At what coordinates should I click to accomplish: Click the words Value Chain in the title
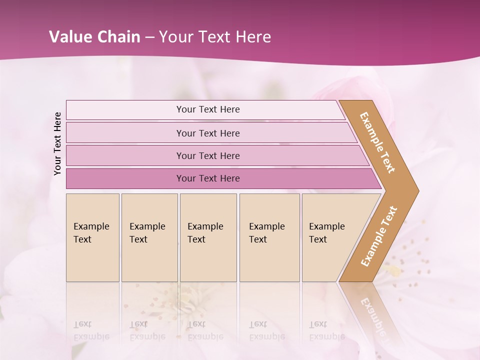pos(94,37)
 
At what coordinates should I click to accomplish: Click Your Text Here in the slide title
pos(215,37)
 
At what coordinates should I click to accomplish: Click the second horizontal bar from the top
pos(207,133)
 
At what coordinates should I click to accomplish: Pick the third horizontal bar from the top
pos(207,155)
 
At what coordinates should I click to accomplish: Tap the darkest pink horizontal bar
pos(207,178)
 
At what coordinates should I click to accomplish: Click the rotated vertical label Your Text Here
pos(57,143)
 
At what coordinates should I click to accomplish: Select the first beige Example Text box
pos(92,237)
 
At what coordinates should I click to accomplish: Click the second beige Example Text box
pos(149,237)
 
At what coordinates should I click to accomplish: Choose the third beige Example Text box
pos(208,237)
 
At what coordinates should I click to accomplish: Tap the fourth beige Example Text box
pos(269,237)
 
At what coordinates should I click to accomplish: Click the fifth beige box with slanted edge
pos(330,237)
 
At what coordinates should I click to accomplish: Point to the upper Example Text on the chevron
pos(377,142)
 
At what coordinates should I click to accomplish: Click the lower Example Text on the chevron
pos(379,236)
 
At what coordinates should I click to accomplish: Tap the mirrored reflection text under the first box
pos(91,331)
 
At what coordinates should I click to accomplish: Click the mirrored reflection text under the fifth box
pos(326,331)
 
